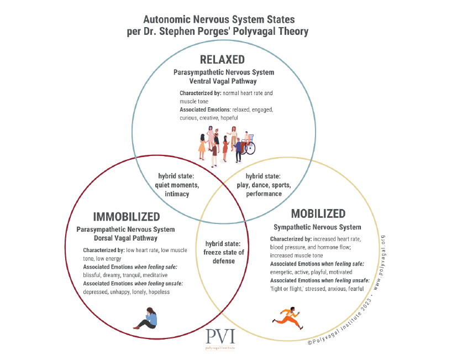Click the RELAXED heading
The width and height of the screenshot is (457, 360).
pos(222,60)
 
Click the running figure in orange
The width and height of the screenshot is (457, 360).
pos(288,319)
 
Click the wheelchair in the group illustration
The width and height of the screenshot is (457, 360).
pos(248,145)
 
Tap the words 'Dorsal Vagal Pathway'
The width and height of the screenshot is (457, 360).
pos(125,238)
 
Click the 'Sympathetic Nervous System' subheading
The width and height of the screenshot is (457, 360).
pos(317,227)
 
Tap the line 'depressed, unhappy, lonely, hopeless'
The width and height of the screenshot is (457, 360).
pos(127,291)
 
